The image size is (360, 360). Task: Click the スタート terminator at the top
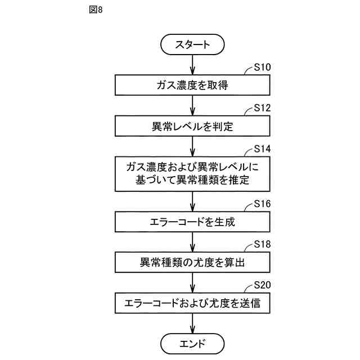(192, 44)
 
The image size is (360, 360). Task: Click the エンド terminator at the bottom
(192, 343)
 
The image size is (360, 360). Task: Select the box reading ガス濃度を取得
(192, 85)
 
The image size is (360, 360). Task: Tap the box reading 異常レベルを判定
(192, 127)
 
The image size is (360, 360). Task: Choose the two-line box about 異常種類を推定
(192, 174)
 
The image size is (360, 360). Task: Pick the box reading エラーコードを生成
(192, 222)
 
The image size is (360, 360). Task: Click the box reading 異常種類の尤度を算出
(192, 262)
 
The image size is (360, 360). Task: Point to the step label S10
(262, 67)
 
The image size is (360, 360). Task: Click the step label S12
(262, 107)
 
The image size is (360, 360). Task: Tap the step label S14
(262, 149)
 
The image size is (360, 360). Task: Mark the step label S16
(262, 203)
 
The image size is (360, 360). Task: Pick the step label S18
(262, 244)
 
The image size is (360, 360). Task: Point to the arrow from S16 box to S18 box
(192, 242)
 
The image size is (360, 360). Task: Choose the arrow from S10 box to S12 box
(192, 106)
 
